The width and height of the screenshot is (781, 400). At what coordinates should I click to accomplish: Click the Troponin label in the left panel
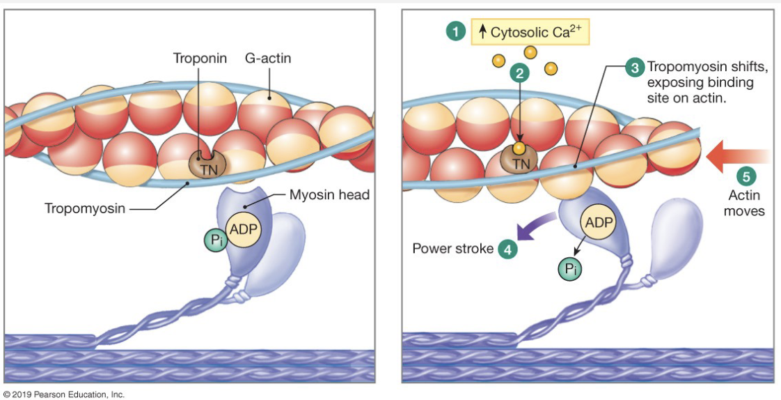coord(200,59)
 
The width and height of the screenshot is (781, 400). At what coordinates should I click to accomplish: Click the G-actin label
coord(267,59)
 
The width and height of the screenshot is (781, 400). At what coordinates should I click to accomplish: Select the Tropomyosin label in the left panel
coord(85,208)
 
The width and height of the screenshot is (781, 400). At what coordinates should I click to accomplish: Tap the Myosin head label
coord(329,194)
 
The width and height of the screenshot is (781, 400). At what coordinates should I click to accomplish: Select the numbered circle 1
coord(455,31)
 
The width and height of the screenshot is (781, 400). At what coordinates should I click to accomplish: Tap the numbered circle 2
coord(519,72)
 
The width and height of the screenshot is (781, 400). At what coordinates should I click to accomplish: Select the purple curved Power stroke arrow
coord(536,229)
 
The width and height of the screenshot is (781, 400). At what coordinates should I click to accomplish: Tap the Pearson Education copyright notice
coord(63,394)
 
